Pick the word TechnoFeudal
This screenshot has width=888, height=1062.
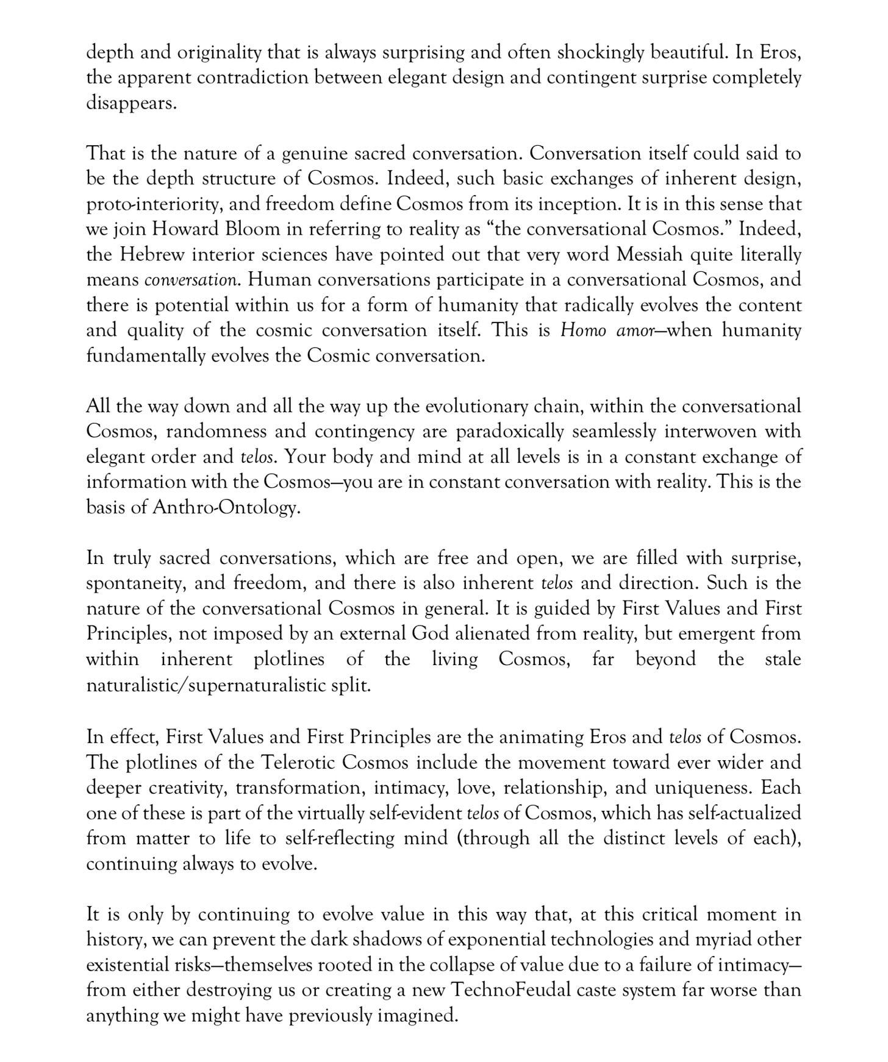[511, 990]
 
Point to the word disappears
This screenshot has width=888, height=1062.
[131, 103]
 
